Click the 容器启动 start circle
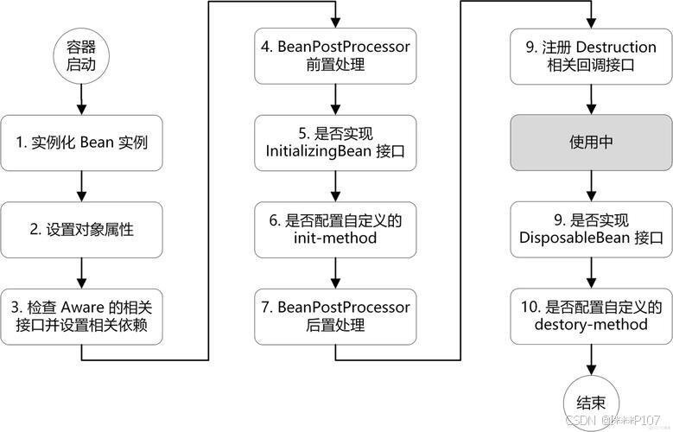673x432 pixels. pyautogui.click(x=80, y=56)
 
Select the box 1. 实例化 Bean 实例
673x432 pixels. pyautogui.click(x=80, y=142)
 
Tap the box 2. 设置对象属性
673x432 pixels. pyautogui.click(x=80, y=229)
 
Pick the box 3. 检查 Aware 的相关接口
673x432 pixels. pyautogui.click(x=80, y=315)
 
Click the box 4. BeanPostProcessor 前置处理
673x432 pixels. pyautogui.click(x=336, y=54)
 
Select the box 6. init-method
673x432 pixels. pyautogui.click(x=336, y=229)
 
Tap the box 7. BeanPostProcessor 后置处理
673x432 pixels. pyautogui.click(x=336, y=315)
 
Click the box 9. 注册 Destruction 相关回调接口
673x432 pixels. pyautogui.click(x=592, y=54)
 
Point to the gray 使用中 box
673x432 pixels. pyautogui.click(x=592, y=142)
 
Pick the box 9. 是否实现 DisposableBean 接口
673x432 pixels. pyautogui.click(x=592, y=229)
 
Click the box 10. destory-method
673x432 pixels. pyautogui.click(x=592, y=315)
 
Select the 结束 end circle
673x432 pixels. pyautogui.click(x=592, y=401)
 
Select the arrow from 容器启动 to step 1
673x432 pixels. pyautogui.click(x=80, y=98)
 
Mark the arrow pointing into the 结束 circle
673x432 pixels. pyautogui.click(x=592, y=359)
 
